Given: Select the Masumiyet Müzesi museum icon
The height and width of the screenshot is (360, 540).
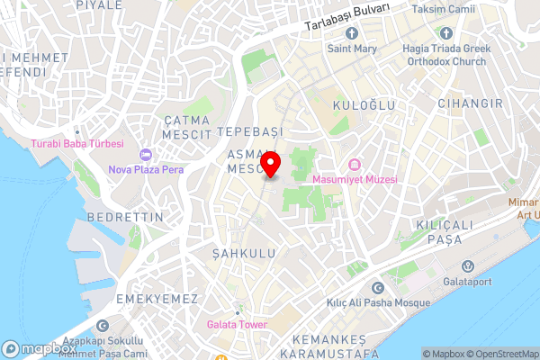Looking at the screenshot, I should [354, 165].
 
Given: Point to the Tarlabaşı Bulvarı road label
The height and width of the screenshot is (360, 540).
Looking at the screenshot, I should [347, 16].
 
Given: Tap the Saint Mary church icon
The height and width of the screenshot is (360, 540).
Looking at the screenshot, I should [350, 33].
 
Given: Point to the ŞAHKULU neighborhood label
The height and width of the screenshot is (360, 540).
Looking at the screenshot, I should [243, 255].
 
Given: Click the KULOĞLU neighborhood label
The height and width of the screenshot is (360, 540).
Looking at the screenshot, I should [364, 105].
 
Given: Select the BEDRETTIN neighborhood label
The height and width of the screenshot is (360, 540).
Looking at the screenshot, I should [125, 218].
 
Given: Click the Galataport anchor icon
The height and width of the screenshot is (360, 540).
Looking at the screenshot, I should [468, 266].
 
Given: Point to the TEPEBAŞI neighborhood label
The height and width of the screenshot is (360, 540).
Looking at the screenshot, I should [249, 131].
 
